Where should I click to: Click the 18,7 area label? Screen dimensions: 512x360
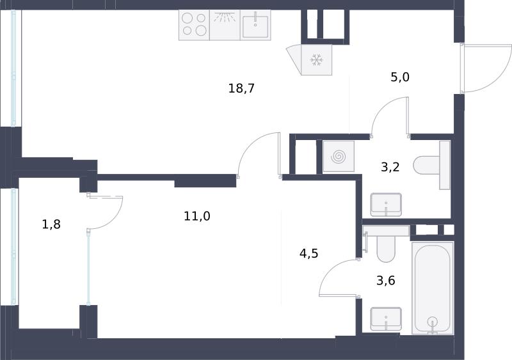coord(241,88)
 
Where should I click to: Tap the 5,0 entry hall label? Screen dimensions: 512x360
coord(400,77)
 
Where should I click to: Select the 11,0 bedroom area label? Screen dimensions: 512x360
coord(197,216)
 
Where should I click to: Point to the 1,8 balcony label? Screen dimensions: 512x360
coord(51,224)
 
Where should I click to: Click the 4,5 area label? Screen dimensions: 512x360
coord(309,253)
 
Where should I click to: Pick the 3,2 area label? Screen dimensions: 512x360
coord(390,167)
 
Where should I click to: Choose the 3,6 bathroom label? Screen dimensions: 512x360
coord(386,280)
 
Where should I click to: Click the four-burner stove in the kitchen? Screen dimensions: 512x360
coord(195,25)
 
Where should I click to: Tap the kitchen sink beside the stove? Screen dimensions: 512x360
coord(255,25)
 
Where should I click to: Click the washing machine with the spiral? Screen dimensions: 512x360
coord(339,156)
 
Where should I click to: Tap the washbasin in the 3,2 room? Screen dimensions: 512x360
coord(386,205)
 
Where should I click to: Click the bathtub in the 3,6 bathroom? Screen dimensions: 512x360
coord(433,288)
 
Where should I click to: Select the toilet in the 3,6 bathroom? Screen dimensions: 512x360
coord(387,244)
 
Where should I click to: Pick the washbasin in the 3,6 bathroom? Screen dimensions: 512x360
coord(386,319)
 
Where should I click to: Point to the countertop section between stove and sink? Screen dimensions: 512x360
coord(225,25)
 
